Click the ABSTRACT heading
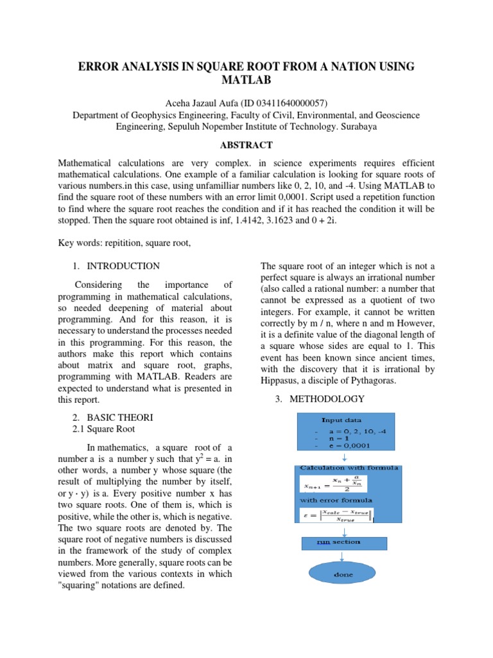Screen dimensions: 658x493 [x=246, y=145]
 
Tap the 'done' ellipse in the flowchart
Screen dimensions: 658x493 [x=343, y=574]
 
